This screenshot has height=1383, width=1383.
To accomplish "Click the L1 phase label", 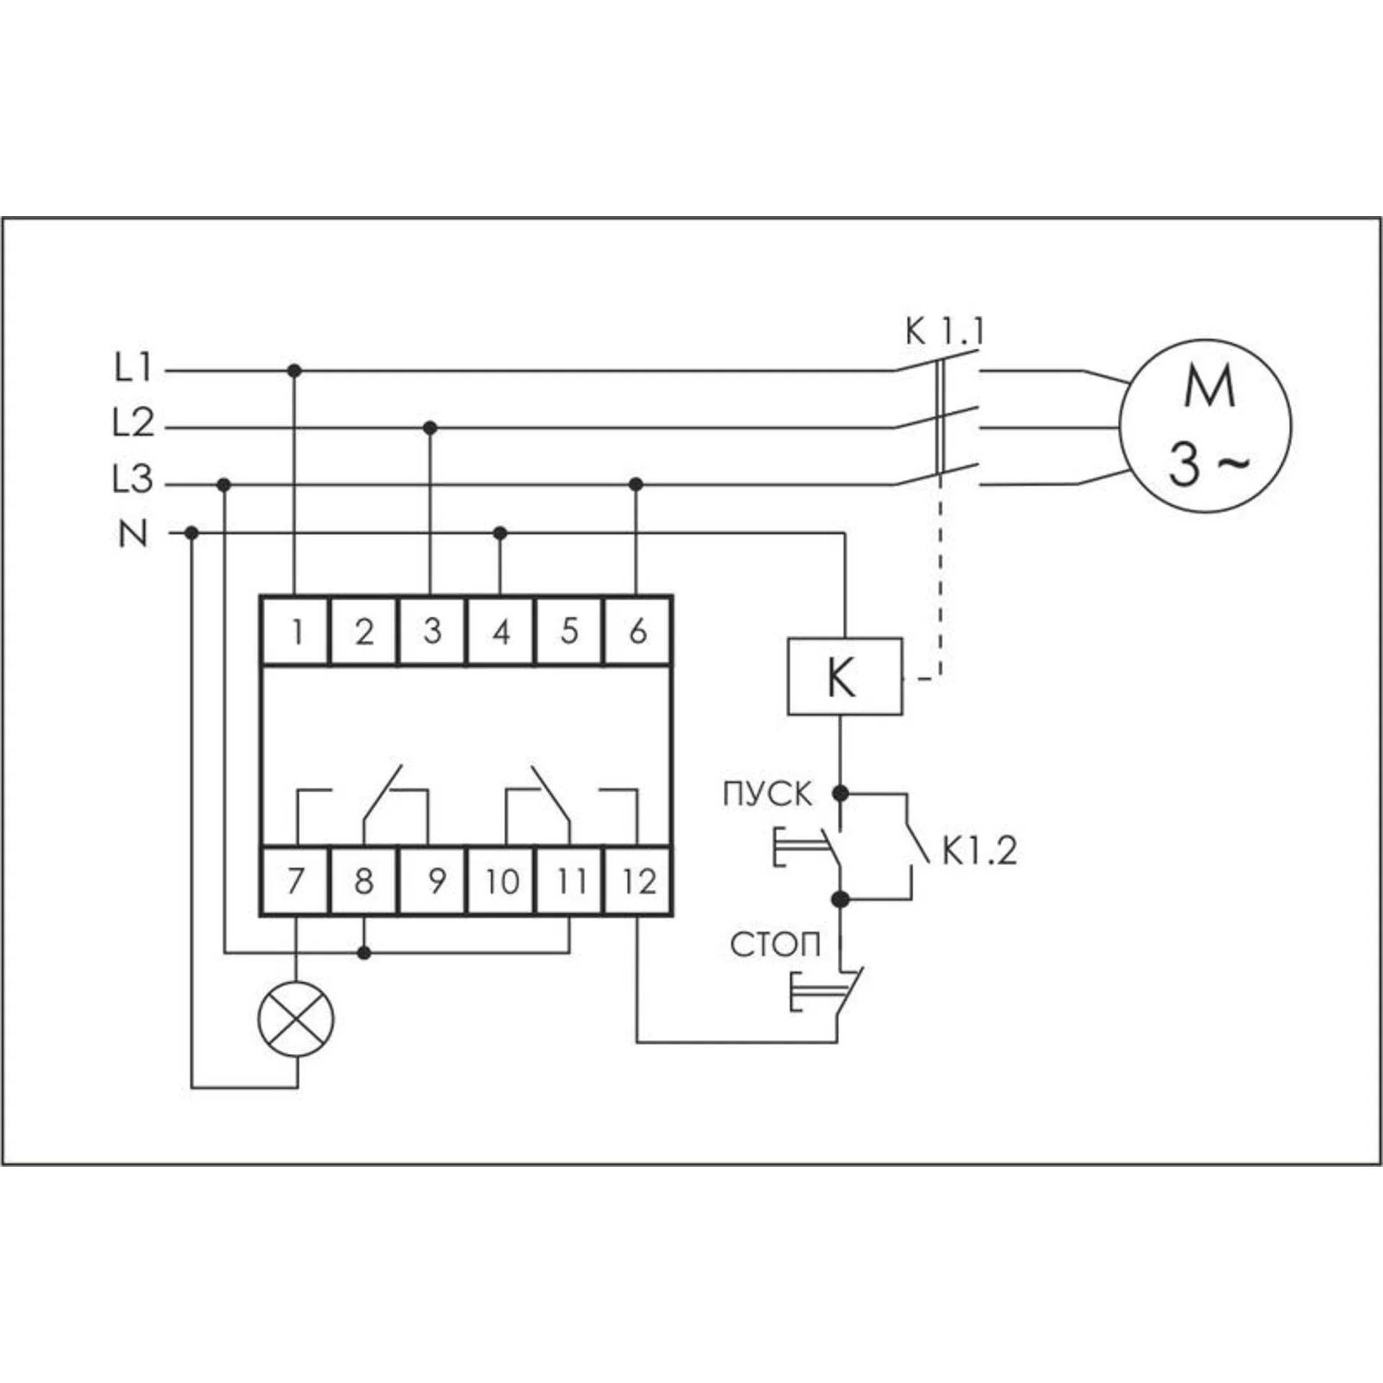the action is [133, 370].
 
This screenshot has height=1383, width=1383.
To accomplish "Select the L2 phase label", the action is [134, 424].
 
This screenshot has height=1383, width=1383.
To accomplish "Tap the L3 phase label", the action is [133, 480].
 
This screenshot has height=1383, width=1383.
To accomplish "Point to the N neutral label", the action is [133, 534].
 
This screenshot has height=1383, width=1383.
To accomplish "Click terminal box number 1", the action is [295, 630].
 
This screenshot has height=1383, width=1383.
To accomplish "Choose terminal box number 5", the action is [569, 630].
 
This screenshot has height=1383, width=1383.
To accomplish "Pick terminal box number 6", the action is [638, 630].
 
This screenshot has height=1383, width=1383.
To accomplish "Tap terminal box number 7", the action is [295, 880].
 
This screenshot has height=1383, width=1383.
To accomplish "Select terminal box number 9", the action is [432, 880].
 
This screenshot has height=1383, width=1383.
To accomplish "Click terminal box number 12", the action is [638, 880].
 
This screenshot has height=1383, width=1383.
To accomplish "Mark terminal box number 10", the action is [501, 880].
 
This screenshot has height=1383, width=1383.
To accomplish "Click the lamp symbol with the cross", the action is [296, 1020].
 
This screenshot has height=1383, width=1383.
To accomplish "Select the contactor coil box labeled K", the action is [845, 676].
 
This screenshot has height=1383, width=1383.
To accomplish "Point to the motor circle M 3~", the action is [1205, 426].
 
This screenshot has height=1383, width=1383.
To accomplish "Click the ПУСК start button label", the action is [768, 795].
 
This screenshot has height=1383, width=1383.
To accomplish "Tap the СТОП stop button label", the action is [775, 946].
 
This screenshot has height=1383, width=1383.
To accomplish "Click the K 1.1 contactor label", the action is [944, 333].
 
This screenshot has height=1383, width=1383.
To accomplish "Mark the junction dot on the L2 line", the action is [430, 428].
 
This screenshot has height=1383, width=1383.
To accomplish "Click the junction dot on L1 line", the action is [293, 371].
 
